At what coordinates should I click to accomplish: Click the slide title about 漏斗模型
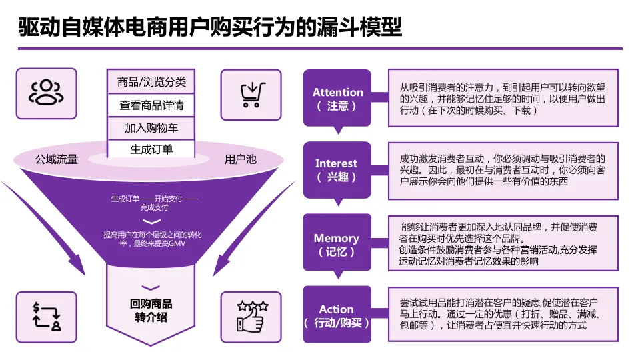point(210,27)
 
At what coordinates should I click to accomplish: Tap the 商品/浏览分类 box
point(151,82)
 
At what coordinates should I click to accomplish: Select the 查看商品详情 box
point(151,105)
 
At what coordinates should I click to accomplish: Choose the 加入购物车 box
point(151,127)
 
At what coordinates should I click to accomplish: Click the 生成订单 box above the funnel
point(151,149)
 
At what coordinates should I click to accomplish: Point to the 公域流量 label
point(57,159)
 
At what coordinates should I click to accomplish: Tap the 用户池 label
point(240,159)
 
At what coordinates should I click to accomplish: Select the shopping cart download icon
point(251,93)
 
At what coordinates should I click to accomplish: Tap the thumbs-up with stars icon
point(252,316)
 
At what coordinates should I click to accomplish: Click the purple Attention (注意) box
point(337,99)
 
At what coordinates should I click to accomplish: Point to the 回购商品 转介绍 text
point(151,310)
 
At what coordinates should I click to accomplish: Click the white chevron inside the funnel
point(151,221)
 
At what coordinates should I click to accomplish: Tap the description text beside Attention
point(503,99)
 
